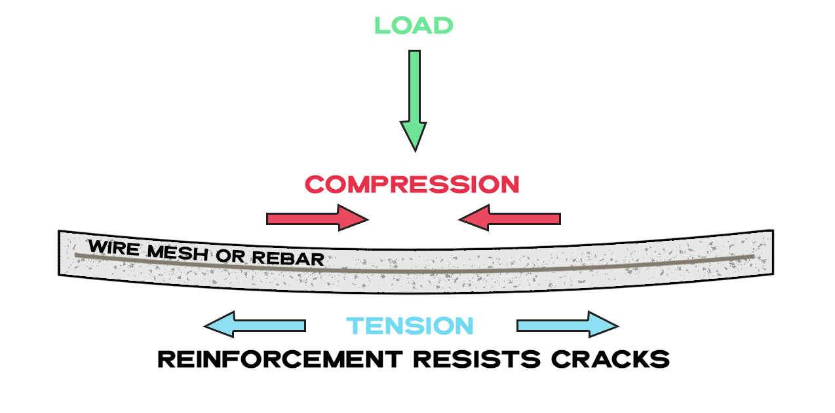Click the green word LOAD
click(414, 26)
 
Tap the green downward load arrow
click(414, 101)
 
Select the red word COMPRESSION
click(412, 185)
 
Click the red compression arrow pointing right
click(317, 218)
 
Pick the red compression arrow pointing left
click(509, 218)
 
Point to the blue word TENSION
click(410, 326)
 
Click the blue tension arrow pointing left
click(255, 325)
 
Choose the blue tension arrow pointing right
click(568, 325)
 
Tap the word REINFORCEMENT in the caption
click(281, 359)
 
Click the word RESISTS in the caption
click(477, 359)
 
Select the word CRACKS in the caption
click(611, 359)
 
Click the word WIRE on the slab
click(114, 247)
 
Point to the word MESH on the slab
click(178, 253)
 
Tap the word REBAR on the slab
click(288, 258)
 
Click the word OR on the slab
click(230, 255)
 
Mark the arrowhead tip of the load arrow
click(416, 151)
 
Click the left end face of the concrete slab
click(59, 253)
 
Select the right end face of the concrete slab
click(773, 252)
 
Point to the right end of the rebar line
click(754, 256)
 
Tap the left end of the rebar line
click(76, 255)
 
